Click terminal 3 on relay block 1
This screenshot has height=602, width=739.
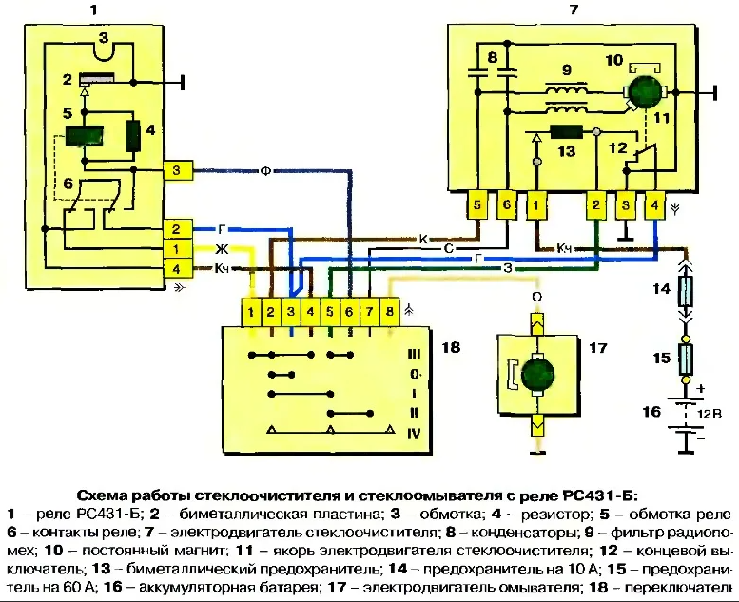177,170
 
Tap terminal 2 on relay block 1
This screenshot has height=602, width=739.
177,229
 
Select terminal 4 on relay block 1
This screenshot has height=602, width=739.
177,268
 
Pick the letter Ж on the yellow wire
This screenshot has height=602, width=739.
219,249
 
